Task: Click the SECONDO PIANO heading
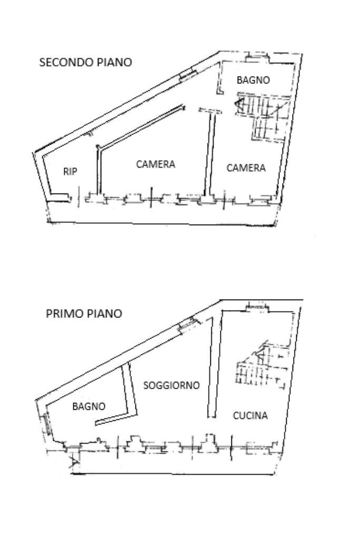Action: [x=85, y=62]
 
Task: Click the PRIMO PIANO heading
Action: [x=84, y=314]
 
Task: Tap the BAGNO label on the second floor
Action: [x=253, y=80]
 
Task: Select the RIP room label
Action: [x=70, y=171]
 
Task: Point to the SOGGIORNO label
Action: [x=172, y=385]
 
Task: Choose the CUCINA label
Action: [x=250, y=416]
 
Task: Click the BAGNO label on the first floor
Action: [x=89, y=407]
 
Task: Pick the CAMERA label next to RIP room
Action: [x=155, y=164]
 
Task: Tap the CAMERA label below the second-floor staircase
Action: [x=246, y=168]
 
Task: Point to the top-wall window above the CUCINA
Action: [x=256, y=307]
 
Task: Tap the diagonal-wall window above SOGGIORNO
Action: [x=186, y=325]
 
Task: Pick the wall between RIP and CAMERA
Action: [x=98, y=169]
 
